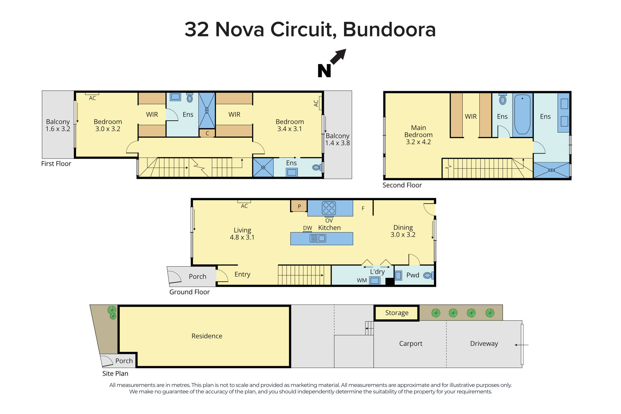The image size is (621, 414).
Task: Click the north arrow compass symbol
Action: pyautogui.click(x=332, y=63)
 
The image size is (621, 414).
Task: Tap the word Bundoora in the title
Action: pyautogui.click(x=389, y=30)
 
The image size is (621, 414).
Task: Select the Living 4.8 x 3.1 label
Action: pyautogui.click(x=242, y=234)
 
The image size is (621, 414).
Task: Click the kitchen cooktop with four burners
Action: pyautogui.click(x=329, y=208)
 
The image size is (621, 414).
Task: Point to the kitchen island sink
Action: pyautogui.click(x=318, y=239)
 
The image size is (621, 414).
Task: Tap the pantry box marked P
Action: pyautogui.click(x=299, y=206)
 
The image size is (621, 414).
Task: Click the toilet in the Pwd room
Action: pyautogui.click(x=428, y=275)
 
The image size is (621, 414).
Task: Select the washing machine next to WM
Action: pyautogui.click(x=375, y=280)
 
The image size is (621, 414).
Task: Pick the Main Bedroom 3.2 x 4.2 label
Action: pyautogui.click(x=418, y=135)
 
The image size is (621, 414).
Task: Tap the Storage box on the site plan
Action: pyautogui.click(x=397, y=313)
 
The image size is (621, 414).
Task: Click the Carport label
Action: pyautogui.click(x=410, y=343)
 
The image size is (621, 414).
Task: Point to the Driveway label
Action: pyautogui.click(x=484, y=343)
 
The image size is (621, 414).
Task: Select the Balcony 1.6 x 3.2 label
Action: pyautogui.click(x=58, y=125)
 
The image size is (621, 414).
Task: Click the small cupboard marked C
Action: pyautogui.click(x=207, y=133)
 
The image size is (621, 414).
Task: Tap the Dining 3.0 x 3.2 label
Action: pyautogui.click(x=403, y=231)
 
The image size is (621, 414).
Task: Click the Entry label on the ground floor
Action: pyautogui.click(x=242, y=274)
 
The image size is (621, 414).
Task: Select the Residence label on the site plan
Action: pyautogui.click(x=207, y=336)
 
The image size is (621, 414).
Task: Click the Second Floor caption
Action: pyautogui.click(x=402, y=185)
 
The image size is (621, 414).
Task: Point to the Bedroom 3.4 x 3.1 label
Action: pyautogui.click(x=289, y=125)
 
